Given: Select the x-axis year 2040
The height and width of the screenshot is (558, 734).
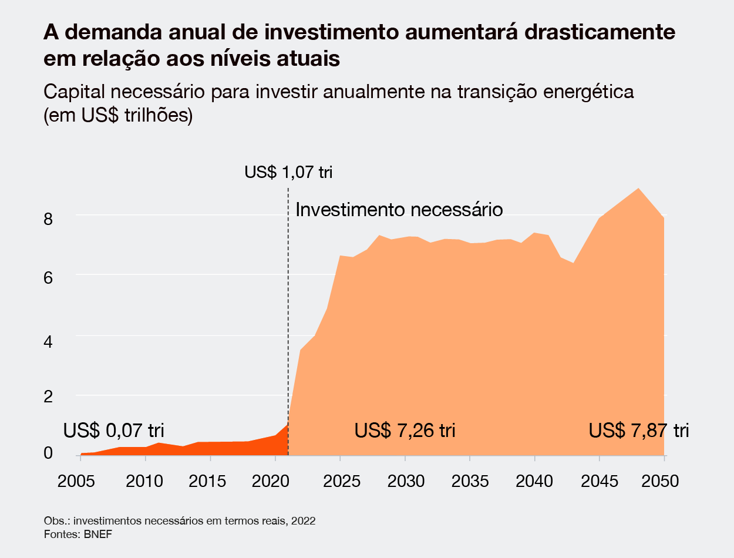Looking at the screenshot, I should pyautogui.click(x=535, y=481).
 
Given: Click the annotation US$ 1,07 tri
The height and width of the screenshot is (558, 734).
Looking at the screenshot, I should pyautogui.click(x=288, y=173).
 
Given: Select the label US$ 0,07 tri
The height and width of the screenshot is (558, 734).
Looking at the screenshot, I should pyautogui.click(x=114, y=430).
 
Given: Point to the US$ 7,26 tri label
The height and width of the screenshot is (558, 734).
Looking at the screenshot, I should pyautogui.click(x=405, y=431).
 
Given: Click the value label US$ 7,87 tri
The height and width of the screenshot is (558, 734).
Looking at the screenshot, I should pyautogui.click(x=639, y=431).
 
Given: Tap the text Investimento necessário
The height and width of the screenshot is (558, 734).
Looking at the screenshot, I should pyautogui.click(x=399, y=210).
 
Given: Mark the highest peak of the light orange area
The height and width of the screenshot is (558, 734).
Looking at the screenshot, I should pyautogui.click(x=638, y=189).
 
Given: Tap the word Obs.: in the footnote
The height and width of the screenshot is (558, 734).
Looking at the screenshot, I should pyautogui.click(x=56, y=522).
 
